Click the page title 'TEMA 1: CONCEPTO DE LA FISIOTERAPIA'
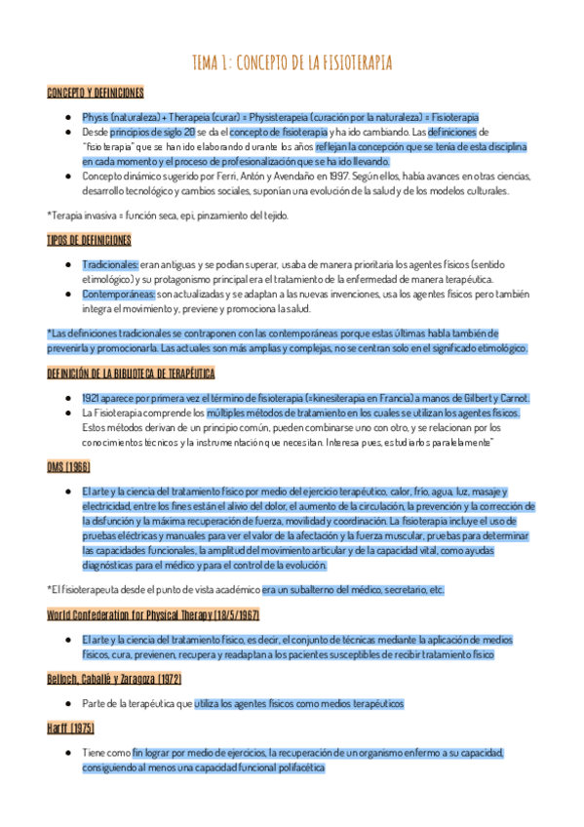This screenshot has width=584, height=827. click(x=292, y=63)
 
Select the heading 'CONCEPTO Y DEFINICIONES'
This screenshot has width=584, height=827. click(x=96, y=93)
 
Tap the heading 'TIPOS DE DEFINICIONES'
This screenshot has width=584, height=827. click(x=89, y=240)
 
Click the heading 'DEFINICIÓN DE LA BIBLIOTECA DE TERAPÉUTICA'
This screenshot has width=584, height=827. click(x=131, y=374)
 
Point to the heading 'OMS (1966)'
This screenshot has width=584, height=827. click(x=68, y=467)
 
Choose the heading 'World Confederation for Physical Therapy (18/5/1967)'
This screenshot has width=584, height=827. click(x=153, y=614)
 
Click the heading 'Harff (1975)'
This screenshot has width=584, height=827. click(x=67, y=729)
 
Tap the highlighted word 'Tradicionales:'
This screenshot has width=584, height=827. click(x=110, y=264)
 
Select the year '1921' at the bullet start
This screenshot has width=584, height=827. click(x=94, y=398)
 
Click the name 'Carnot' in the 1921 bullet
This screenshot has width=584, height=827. click(x=512, y=398)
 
